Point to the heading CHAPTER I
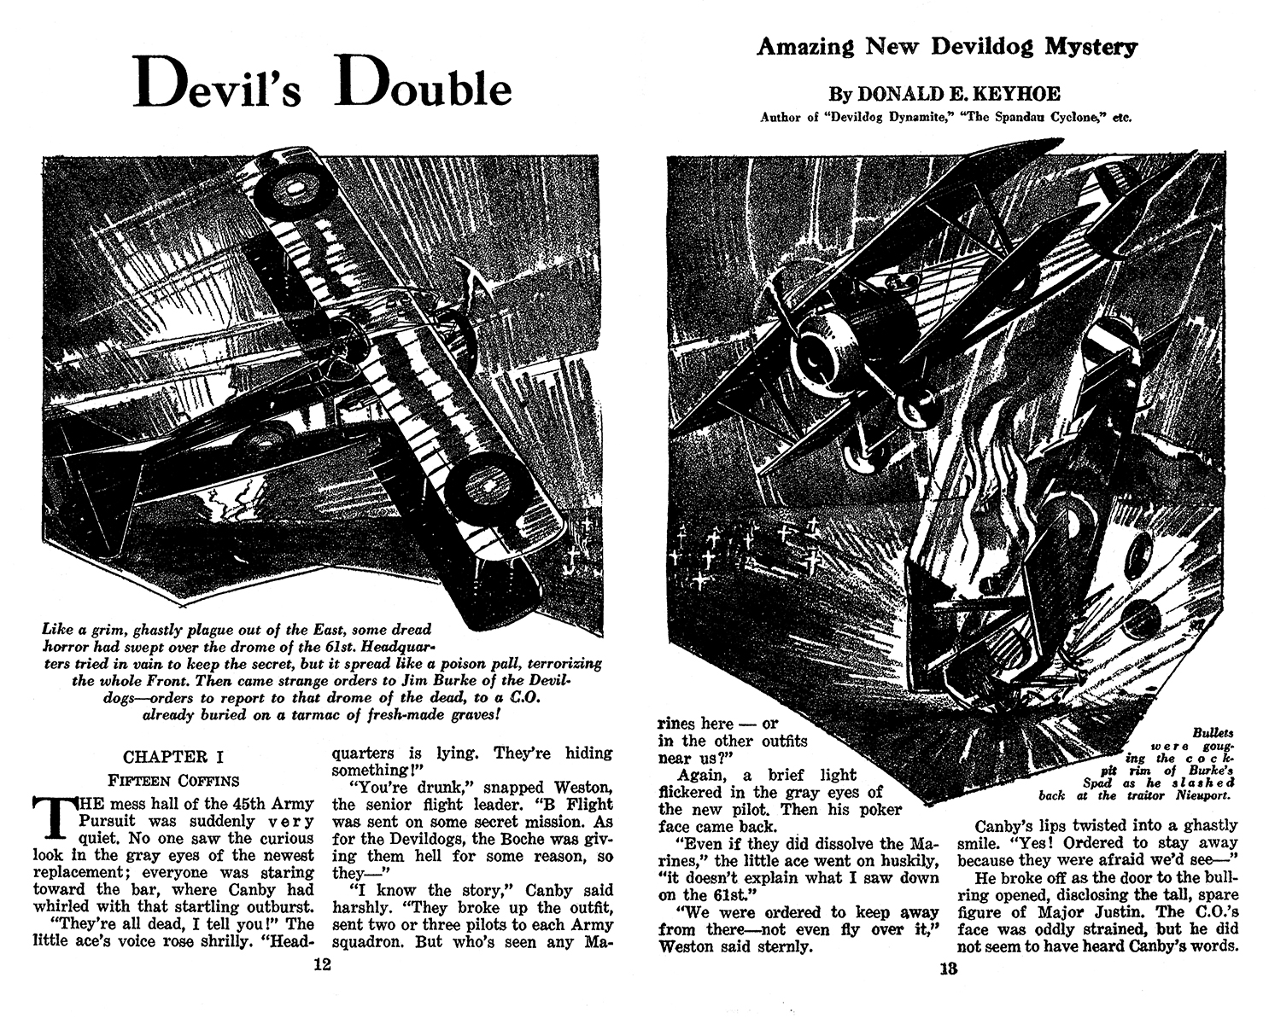[166, 757]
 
